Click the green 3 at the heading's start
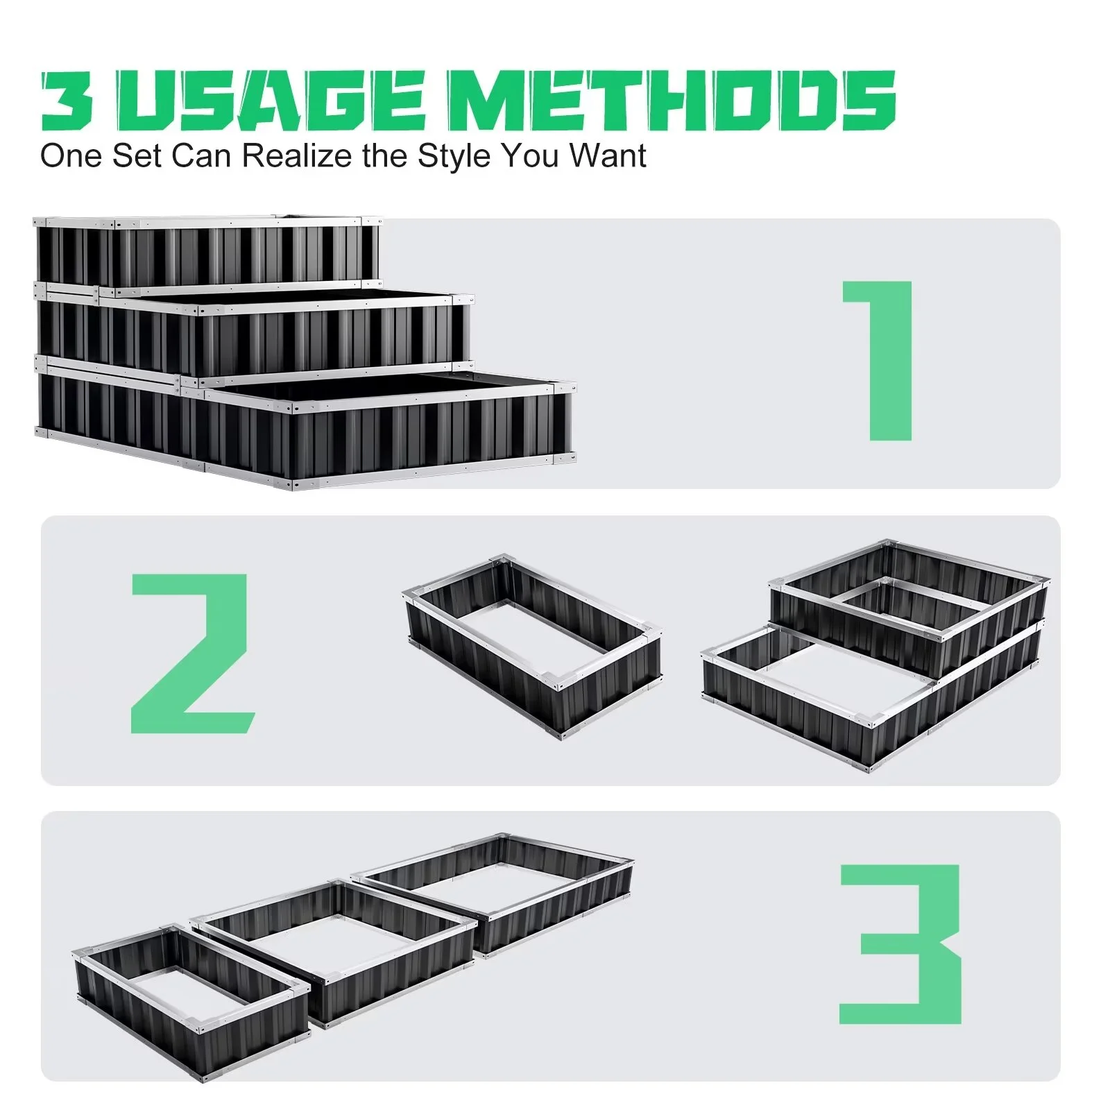(x=67, y=101)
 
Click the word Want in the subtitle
(x=608, y=155)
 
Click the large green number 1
(x=878, y=360)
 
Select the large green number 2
(x=193, y=654)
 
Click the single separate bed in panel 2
(x=532, y=645)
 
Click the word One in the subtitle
(x=71, y=155)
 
